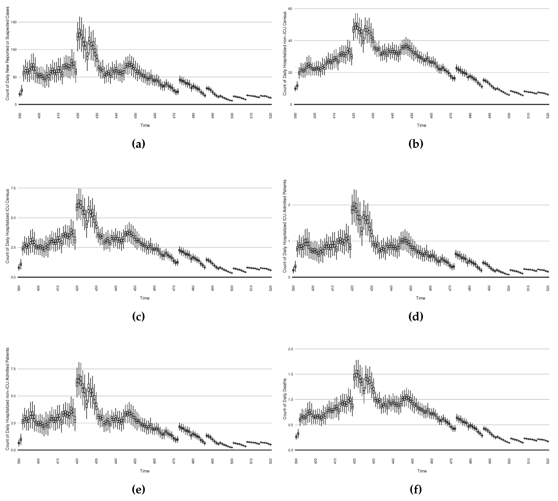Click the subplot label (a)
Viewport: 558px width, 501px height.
point(138,144)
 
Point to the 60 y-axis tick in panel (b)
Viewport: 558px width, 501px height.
point(290,9)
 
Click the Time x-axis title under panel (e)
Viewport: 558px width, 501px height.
point(145,471)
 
